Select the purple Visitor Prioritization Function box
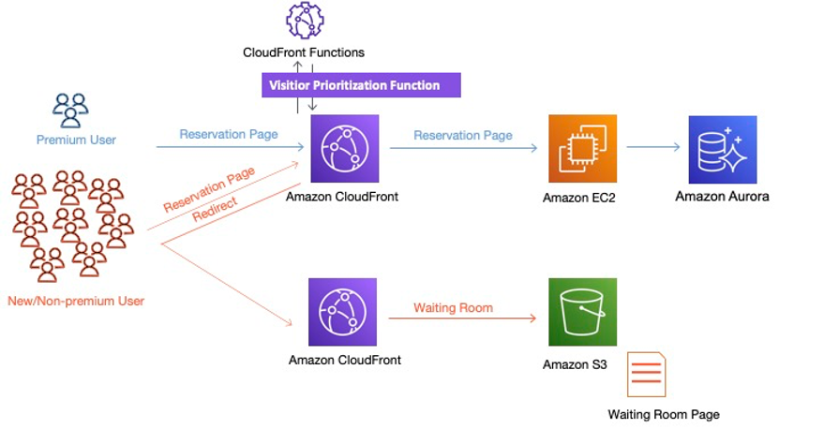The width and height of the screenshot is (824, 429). (361, 85)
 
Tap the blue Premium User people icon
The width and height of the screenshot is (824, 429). (70, 111)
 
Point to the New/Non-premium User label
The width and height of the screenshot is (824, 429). (76, 301)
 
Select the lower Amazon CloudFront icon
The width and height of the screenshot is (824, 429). (343, 312)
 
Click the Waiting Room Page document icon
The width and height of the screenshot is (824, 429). (647, 375)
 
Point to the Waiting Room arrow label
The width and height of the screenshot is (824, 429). (453, 307)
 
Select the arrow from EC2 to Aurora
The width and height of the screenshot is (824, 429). (653, 147)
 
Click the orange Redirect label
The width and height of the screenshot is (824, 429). (215, 208)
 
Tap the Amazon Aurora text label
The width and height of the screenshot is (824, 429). (722, 197)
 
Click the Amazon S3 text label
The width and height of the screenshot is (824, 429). (575, 364)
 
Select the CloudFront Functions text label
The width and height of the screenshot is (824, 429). (303, 52)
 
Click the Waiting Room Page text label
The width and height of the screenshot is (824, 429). (664, 414)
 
